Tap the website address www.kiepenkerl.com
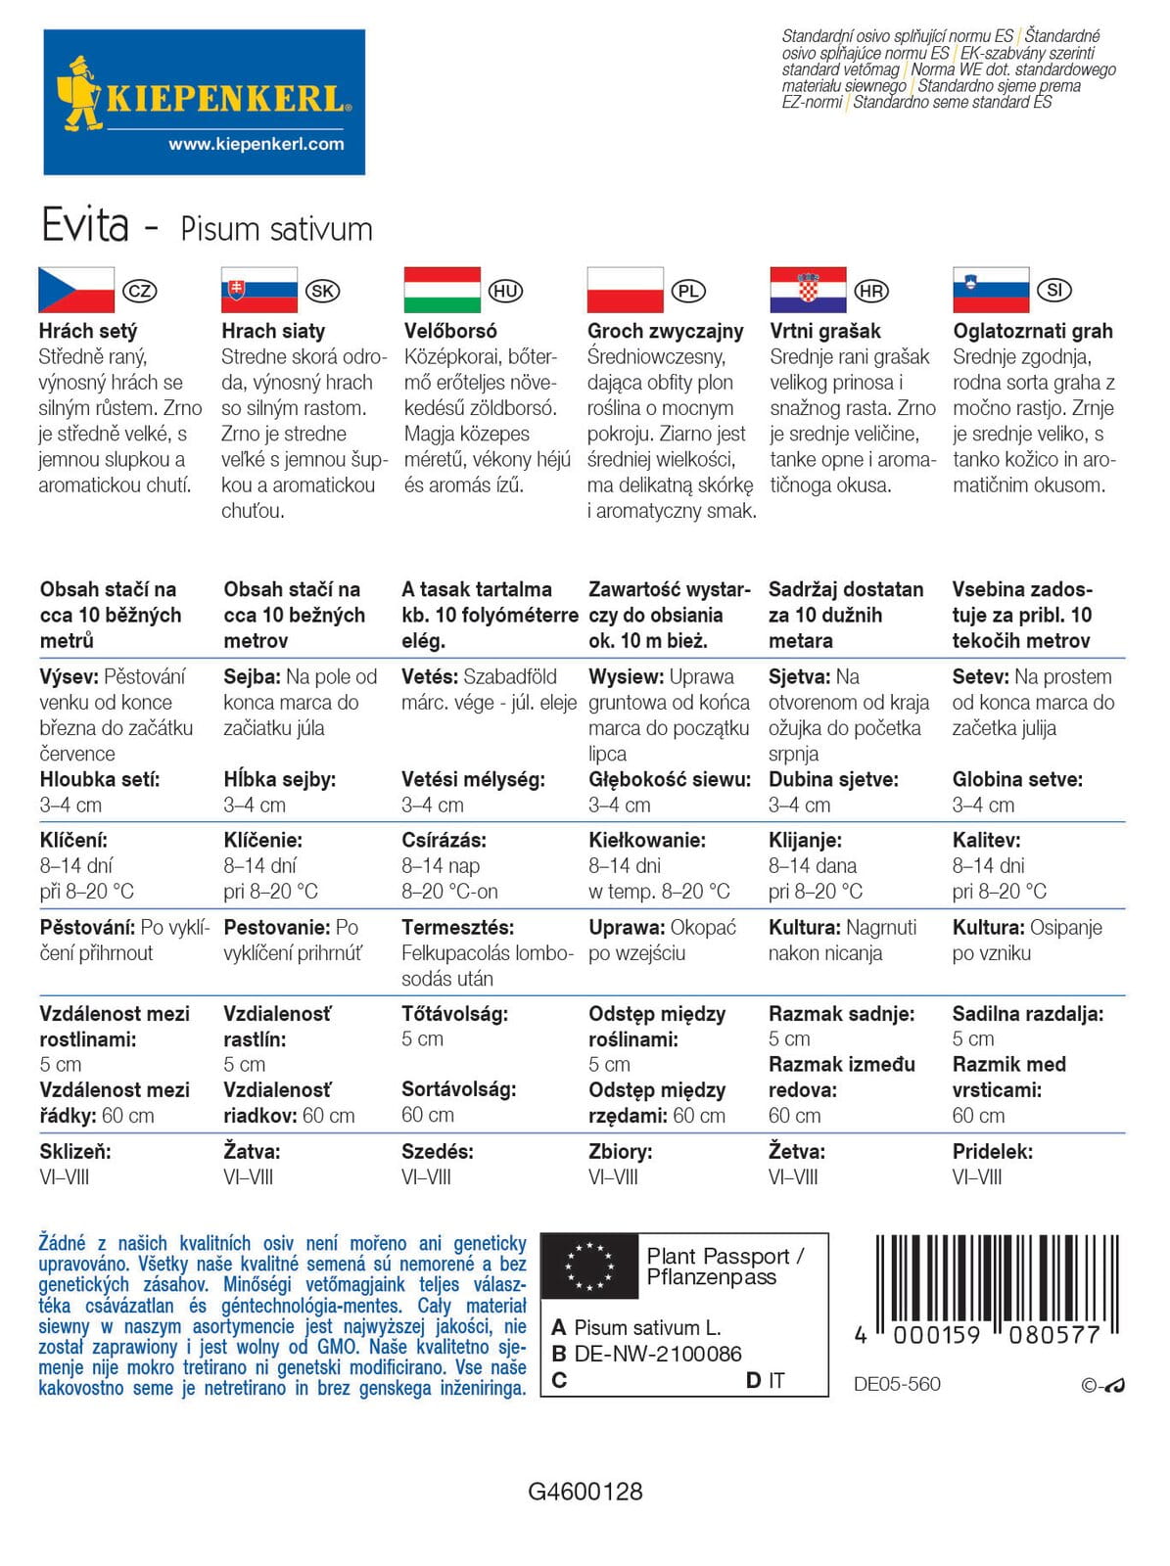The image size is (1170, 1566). (x=257, y=144)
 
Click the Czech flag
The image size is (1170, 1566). (x=76, y=290)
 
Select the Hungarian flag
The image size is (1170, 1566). (x=443, y=290)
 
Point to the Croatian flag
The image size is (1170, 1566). (x=808, y=290)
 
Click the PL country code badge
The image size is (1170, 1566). (x=688, y=291)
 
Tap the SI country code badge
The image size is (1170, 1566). (x=1054, y=290)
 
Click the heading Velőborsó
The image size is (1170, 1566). (x=450, y=331)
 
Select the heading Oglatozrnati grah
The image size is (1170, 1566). (x=1033, y=331)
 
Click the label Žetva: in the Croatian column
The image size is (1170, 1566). (x=797, y=1151)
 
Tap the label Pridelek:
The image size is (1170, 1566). (x=993, y=1151)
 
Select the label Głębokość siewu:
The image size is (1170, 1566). (x=670, y=779)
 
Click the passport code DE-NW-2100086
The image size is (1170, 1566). (x=658, y=1354)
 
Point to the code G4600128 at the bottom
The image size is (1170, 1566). (x=585, y=1492)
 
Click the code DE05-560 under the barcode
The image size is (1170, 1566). (x=897, y=1384)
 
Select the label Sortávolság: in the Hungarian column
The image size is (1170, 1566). (x=458, y=1089)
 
